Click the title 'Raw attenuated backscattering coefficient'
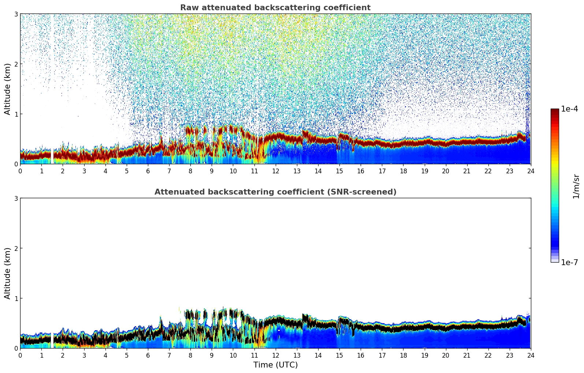[x=275, y=8]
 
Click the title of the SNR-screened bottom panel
[x=275, y=192]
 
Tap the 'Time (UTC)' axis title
[x=275, y=365]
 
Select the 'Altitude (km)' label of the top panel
[x=8, y=89]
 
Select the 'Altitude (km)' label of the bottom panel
[x=8, y=273]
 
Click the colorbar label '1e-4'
[x=569, y=109]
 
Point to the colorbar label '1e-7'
[x=569, y=262]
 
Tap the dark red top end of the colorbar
[x=555, y=110]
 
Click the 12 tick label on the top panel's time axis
[x=275, y=171]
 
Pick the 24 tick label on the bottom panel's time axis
[x=531, y=355]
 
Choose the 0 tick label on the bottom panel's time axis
[x=20, y=355]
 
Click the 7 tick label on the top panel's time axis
[x=169, y=171]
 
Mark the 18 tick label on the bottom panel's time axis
[x=403, y=355]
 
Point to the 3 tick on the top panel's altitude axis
[x=16, y=14]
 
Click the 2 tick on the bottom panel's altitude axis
[x=16, y=248]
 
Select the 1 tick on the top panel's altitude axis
[x=16, y=114]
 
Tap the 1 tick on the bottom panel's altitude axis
[x=16, y=298]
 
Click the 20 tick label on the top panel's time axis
[x=446, y=171]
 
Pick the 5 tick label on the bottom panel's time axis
[x=127, y=355]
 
